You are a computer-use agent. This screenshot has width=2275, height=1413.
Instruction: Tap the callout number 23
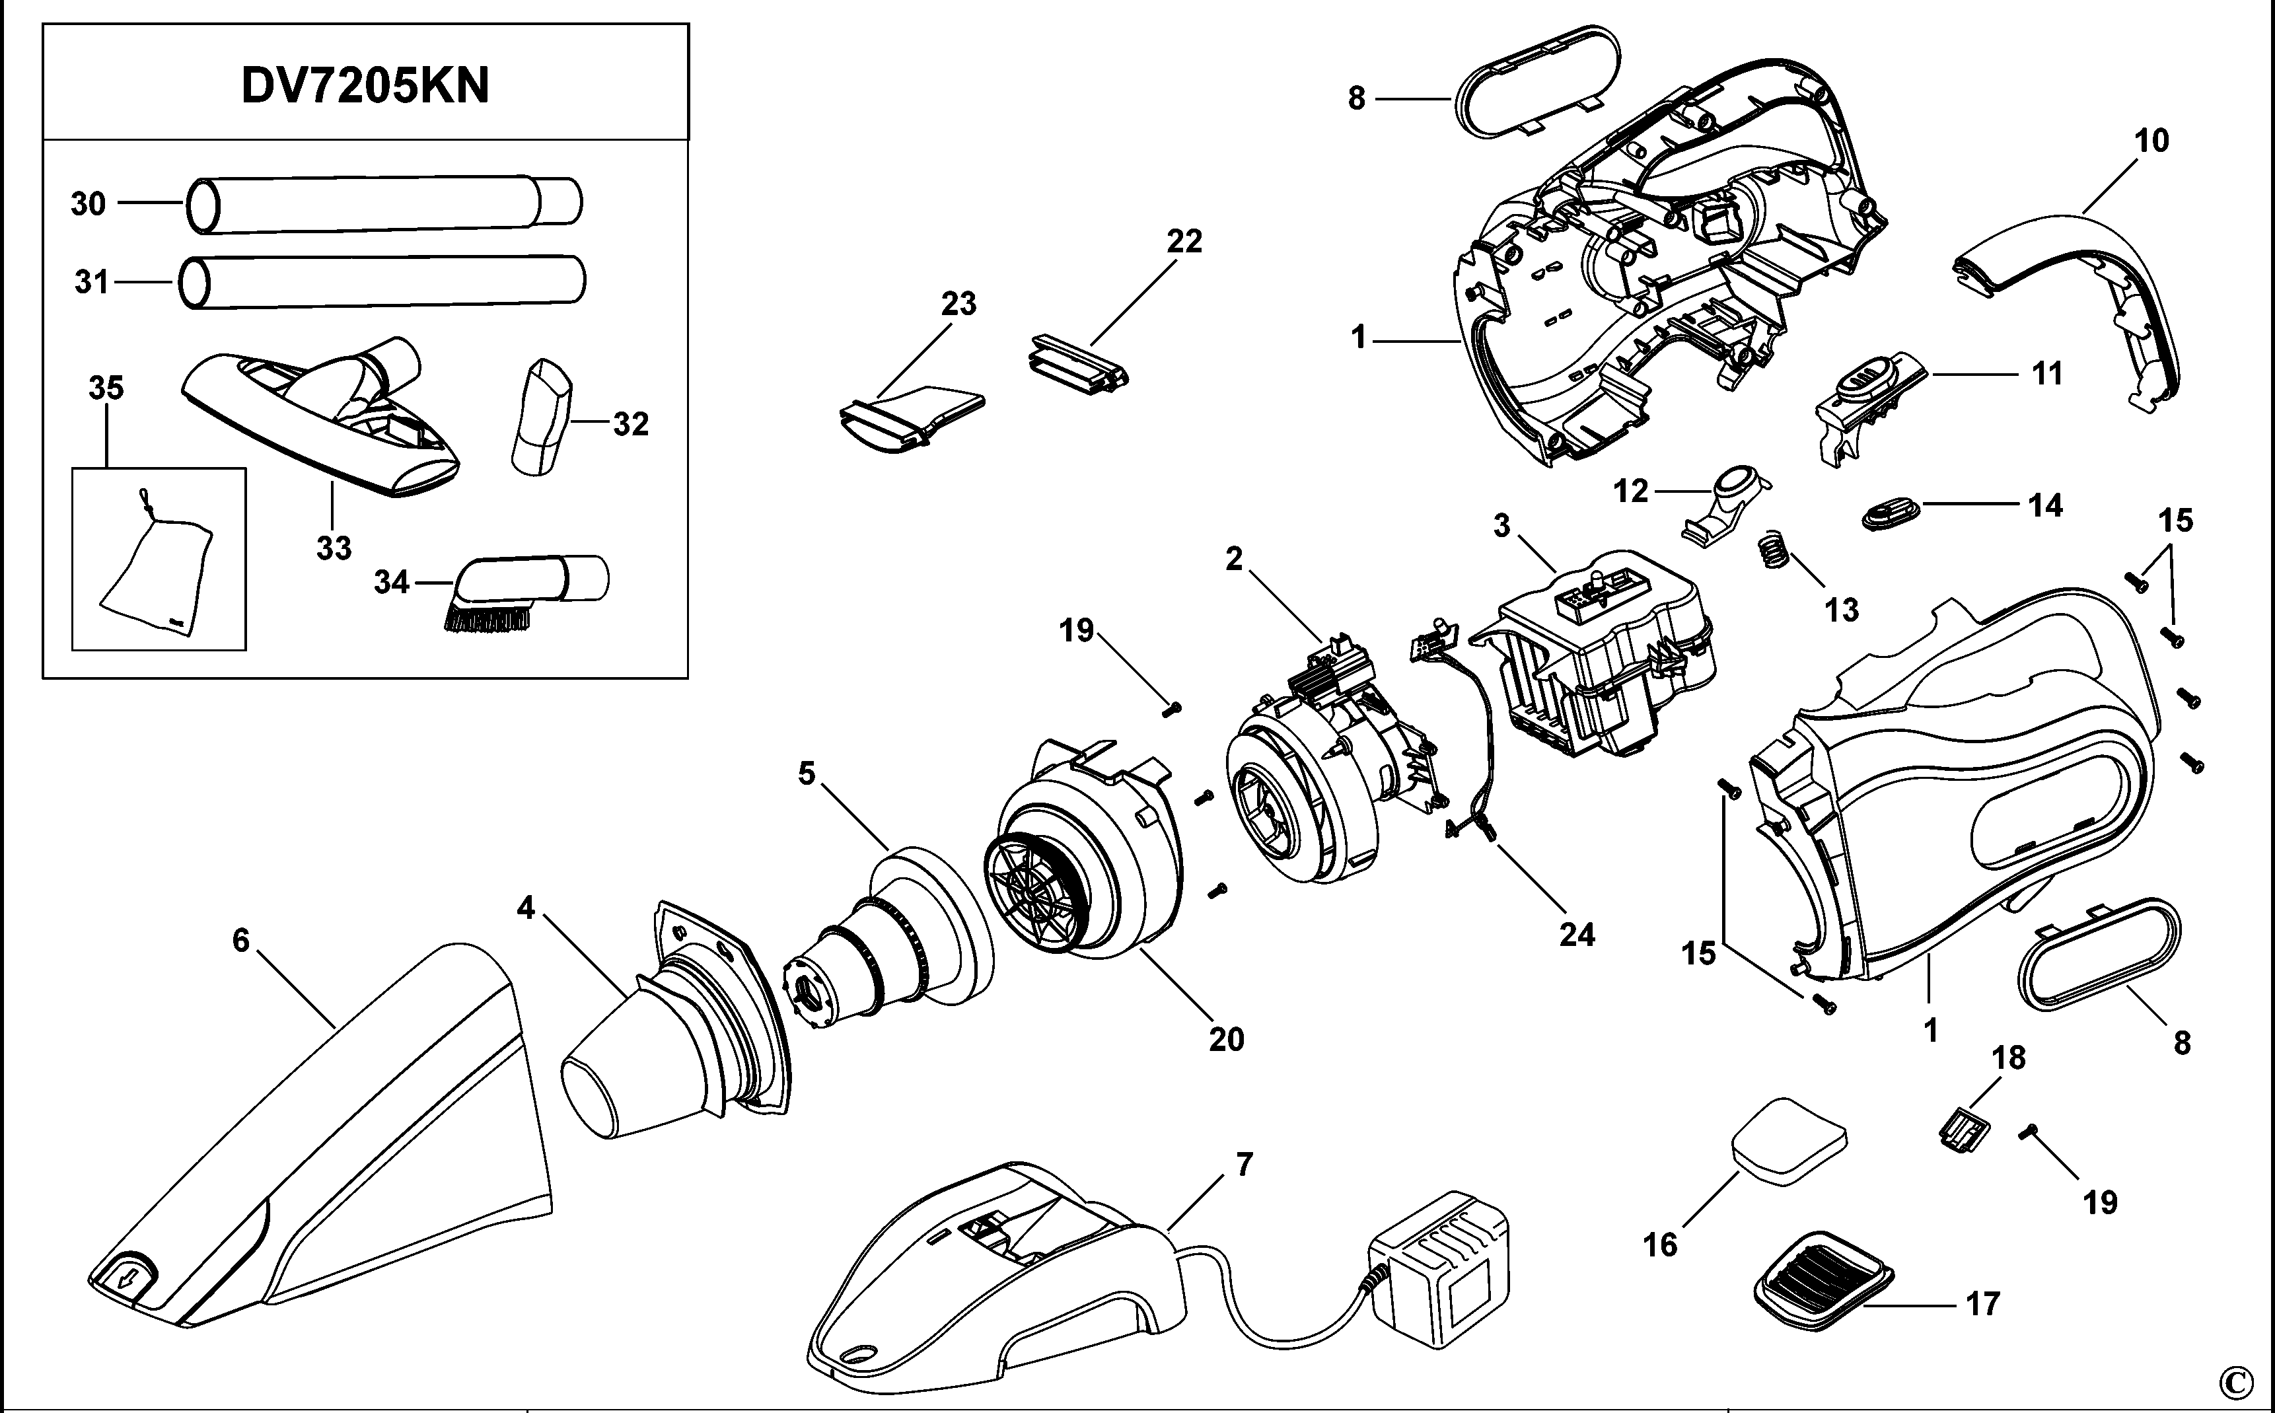click(958, 304)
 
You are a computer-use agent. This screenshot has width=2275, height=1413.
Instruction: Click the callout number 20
click(1227, 1039)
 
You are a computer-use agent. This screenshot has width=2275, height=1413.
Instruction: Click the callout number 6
click(241, 940)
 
